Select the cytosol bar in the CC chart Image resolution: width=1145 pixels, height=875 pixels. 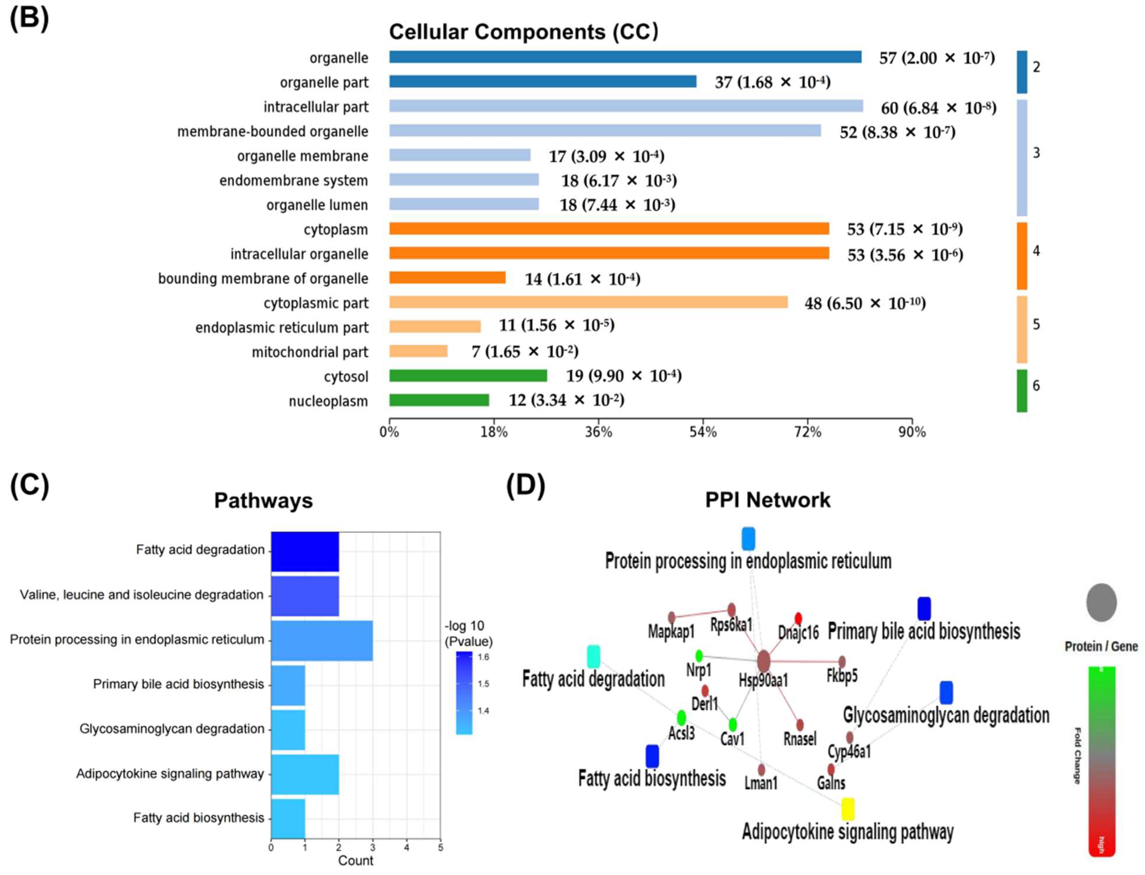click(x=468, y=376)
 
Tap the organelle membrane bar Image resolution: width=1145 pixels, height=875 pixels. click(x=460, y=155)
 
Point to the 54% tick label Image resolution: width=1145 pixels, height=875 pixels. click(x=703, y=432)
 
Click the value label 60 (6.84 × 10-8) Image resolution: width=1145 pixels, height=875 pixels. click(x=938, y=108)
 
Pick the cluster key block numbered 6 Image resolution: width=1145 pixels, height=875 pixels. click(x=1022, y=391)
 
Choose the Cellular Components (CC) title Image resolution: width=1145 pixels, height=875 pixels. click(x=523, y=32)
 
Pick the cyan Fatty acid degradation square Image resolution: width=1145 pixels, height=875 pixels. click(x=593, y=656)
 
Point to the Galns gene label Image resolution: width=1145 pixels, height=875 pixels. click(x=830, y=783)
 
